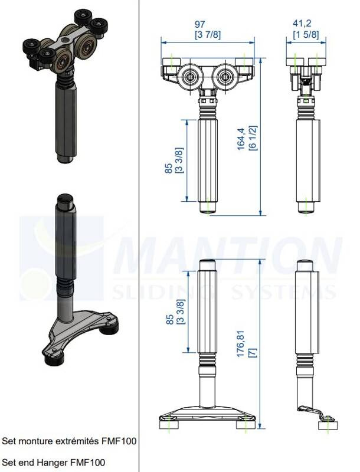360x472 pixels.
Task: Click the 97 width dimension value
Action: pos(199,24)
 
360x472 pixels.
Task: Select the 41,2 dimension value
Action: pos(302,23)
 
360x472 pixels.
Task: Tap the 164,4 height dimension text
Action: pos(241,139)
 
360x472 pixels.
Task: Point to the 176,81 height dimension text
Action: pos(241,344)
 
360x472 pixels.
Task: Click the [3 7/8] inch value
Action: pos(208,35)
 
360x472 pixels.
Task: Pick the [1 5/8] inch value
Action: pos(306,34)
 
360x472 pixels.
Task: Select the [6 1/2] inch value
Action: pos(252,138)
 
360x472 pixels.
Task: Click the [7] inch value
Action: pos(252,352)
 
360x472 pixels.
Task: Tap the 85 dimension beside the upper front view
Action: pos(169,168)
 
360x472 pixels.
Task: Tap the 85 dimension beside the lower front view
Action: pos(170,319)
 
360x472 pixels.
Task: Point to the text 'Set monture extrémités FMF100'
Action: pos(69,441)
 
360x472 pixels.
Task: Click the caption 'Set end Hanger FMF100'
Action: pos(54,462)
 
